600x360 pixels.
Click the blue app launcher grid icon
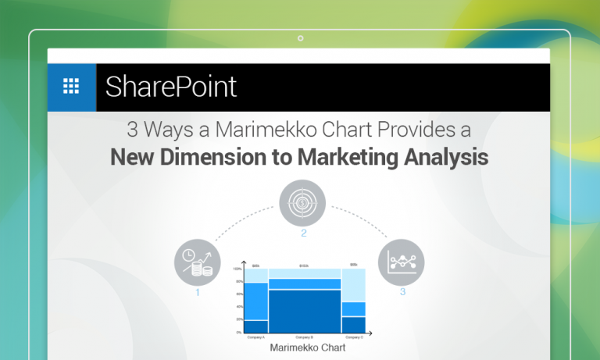pos(71,87)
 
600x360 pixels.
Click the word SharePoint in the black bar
pos(170,87)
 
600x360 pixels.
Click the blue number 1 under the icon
pos(198,293)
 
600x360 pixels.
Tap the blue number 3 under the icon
pos(402,292)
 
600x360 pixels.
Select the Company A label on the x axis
pos(256,337)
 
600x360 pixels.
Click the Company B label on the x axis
pos(305,337)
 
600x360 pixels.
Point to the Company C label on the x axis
pos(354,337)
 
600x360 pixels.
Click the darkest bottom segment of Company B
pos(305,311)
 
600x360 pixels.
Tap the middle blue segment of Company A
pos(257,301)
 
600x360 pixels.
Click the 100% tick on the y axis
pos(237,269)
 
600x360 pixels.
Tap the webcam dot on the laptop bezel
pos(300,37)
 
